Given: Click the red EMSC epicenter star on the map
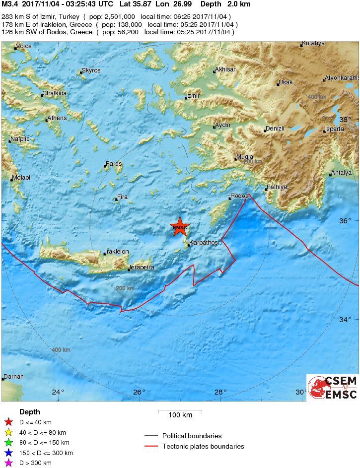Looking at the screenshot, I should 180,227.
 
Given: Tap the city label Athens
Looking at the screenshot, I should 57,118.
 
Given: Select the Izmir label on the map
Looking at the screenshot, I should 193,96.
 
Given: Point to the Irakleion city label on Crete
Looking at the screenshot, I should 118,252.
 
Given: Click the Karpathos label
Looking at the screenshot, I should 204,243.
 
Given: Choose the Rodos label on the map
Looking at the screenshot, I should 240,196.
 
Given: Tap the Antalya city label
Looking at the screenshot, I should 342,173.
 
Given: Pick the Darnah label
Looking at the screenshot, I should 13,377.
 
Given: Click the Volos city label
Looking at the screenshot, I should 24,47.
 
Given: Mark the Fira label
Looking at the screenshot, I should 122,197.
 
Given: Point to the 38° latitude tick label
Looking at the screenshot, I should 345,120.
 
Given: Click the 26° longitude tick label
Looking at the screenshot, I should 139,392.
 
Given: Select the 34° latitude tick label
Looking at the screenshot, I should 345,320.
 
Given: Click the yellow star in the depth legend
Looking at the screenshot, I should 8,433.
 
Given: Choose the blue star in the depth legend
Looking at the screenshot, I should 8,453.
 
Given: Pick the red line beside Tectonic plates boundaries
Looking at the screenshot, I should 151,446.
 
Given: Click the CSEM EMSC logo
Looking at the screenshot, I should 332,388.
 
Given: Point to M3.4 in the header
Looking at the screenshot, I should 10,4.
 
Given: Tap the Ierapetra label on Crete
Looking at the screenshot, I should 142,267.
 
